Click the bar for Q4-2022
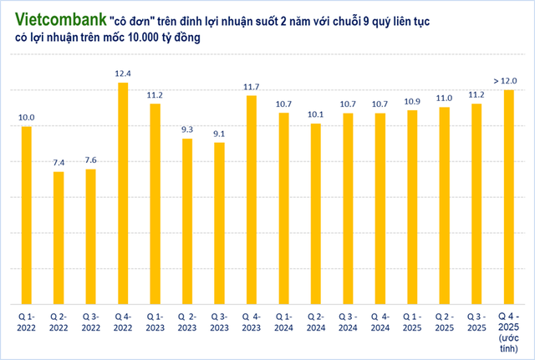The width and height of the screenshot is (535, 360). (x=123, y=192)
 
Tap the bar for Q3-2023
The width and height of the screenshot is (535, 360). (x=220, y=222)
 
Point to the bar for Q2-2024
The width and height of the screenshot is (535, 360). (x=316, y=213)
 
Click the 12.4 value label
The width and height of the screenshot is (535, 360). (x=123, y=74)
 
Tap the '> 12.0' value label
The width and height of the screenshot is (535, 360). (x=506, y=80)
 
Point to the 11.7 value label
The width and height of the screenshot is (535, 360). (x=252, y=87)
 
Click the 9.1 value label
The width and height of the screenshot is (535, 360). (x=220, y=134)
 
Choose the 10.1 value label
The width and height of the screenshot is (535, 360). (x=316, y=115)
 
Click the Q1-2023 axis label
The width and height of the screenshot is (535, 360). (x=155, y=322)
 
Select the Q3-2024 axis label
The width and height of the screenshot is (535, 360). (x=348, y=322)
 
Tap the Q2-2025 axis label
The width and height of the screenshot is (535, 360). (x=444, y=322)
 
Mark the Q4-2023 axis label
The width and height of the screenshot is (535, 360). (x=252, y=322)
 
